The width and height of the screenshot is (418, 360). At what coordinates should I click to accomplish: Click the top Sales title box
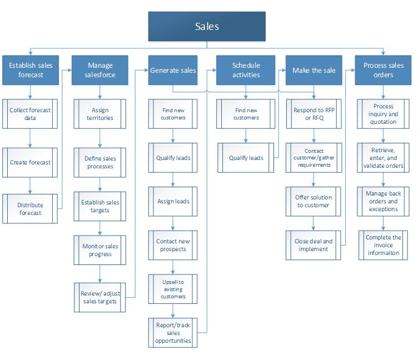pyautogui.click(x=207, y=26)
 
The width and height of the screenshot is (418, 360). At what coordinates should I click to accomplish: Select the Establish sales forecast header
pyautogui.click(x=30, y=70)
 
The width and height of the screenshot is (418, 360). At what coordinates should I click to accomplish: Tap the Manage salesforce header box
pyautogui.click(x=99, y=70)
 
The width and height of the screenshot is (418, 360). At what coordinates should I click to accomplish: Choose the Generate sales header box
pyautogui.click(x=173, y=70)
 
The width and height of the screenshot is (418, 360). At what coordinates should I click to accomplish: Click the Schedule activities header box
pyautogui.click(x=246, y=70)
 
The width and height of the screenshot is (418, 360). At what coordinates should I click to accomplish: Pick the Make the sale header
pyautogui.click(x=314, y=70)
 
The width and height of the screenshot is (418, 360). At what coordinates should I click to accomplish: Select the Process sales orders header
pyautogui.click(x=382, y=70)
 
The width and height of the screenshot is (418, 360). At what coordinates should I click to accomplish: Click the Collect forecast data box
pyautogui.click(x=30, y=114)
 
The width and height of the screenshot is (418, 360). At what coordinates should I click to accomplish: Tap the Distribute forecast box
pyautogui.click(x=30, y=208)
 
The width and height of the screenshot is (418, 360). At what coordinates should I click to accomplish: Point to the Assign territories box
pyautogui.click(x=99, y=114)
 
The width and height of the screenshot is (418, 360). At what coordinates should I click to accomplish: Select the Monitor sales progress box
pyautogui.click(x=101, y=250)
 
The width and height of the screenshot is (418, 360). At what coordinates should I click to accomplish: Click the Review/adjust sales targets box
pyautogui.click(x=101, y=297)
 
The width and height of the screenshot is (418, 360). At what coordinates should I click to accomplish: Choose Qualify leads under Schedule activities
pyautogui.click(x=246, y=158)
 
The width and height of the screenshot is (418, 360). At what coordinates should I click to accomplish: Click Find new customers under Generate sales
pyautogui.click(x=174, y=114)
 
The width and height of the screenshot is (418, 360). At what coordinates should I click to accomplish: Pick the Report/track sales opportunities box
pyautogui.click(x=174, y=332)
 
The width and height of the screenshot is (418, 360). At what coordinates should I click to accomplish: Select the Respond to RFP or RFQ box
pyautogui.click(x=314, y=114)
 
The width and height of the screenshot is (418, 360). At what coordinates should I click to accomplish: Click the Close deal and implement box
pyautogui.click(x=314, y=245)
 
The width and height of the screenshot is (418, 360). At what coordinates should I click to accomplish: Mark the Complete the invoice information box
pyautogui.click(x=384, y=245)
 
